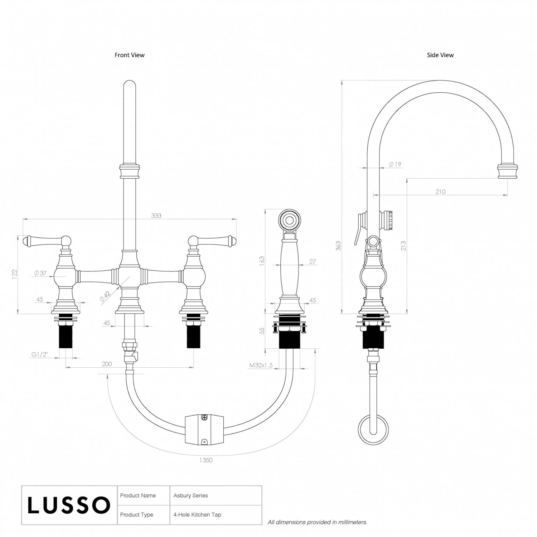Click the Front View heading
129,55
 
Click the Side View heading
440,55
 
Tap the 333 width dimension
156,216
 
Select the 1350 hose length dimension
206,460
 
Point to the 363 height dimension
338,246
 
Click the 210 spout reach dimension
440,192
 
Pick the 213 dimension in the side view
403,246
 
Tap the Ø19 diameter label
395,164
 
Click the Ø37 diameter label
40,273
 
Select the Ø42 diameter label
105,297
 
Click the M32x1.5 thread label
261,366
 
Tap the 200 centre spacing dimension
107,364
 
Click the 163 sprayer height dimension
262,260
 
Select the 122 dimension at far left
15,274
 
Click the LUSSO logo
69,505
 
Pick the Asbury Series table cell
190,495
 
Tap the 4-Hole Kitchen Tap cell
197,515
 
